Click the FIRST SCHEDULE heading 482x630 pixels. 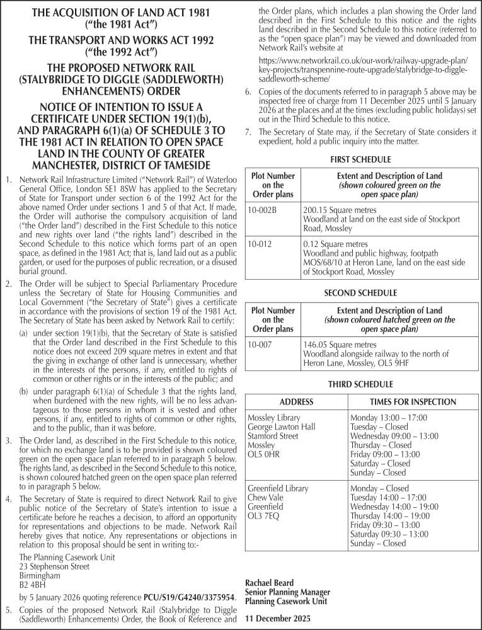pyautogui.click(x=360, y=160)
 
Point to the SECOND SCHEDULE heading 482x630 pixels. pyautogui.click(x=360, y=293)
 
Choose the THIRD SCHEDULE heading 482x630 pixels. pyautogui.click(x=360, y=384)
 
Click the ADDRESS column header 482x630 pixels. pyautogui.click(x=296, y=402)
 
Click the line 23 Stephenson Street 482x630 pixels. pyautogui.click(x=54, y=566)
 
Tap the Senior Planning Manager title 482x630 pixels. pyautogui.click(x=287, y=592)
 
